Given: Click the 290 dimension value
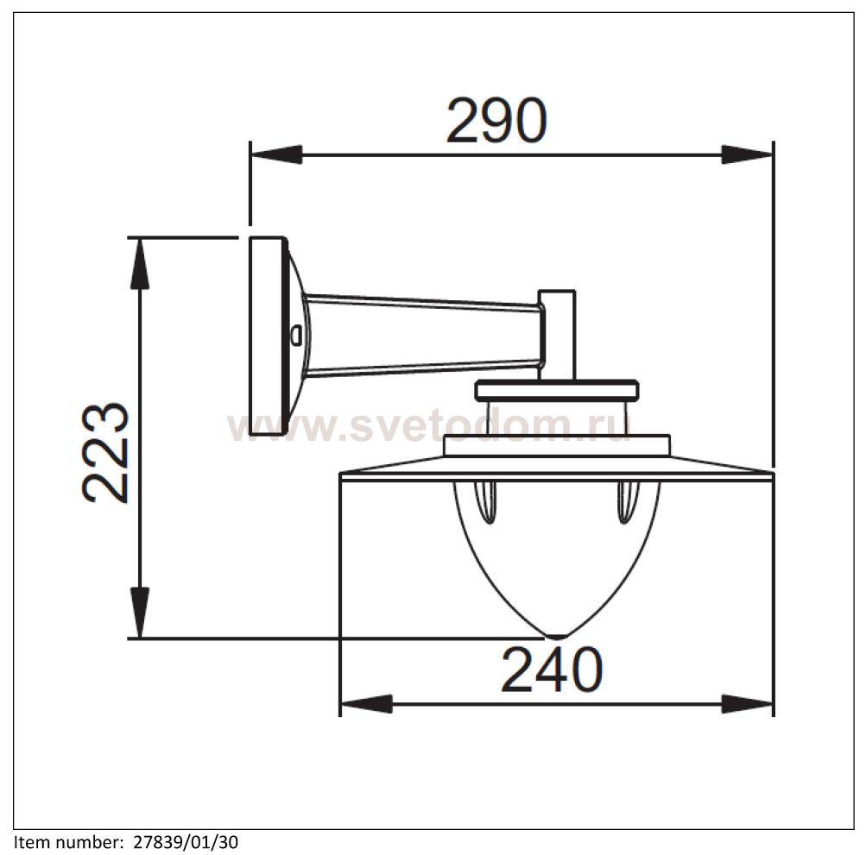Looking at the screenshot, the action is (496, 120).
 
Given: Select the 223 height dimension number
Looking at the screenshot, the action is (105, 453).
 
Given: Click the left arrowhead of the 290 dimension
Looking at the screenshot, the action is (276, 154).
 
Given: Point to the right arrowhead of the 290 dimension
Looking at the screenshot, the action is (747, 154).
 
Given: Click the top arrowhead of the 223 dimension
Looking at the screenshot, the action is (140, 263).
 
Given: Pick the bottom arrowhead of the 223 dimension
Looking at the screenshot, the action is (140, 613).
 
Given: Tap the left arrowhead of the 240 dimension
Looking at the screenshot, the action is (366, 704).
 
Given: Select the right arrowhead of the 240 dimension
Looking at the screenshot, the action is (747, 704).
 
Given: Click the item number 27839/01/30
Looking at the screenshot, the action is (186, 843).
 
